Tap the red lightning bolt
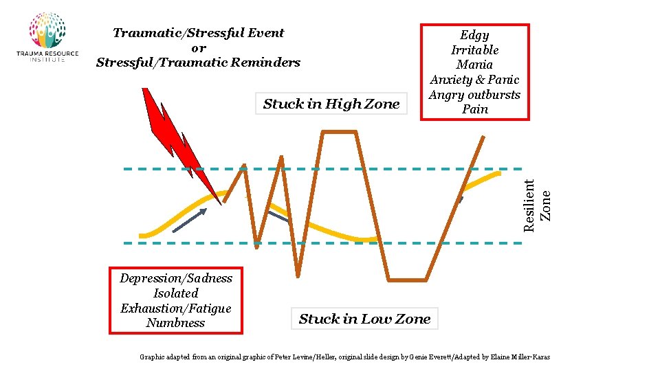(172, 137)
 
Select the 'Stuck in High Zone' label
(331, 104)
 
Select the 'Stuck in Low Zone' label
(364, 319)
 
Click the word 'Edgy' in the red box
(474, 35)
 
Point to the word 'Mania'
(474, 65)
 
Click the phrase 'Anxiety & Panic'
(474, 80)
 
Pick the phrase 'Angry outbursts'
(474, 95)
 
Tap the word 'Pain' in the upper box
(475, 109)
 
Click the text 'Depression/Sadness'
(176, 278)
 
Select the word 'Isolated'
(176, 293)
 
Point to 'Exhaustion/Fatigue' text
(176, 308)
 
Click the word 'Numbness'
(176, 323)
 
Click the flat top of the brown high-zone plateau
(338, 132)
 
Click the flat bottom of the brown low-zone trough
(408, 280)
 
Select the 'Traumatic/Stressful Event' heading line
(198, 33)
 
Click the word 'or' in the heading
(198, 48)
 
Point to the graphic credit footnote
(344, 357)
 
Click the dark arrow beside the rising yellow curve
(190, 221)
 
